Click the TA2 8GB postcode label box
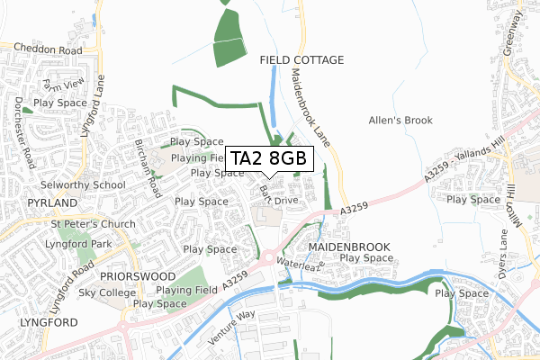270,159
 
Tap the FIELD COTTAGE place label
301,60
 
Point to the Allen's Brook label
401,120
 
